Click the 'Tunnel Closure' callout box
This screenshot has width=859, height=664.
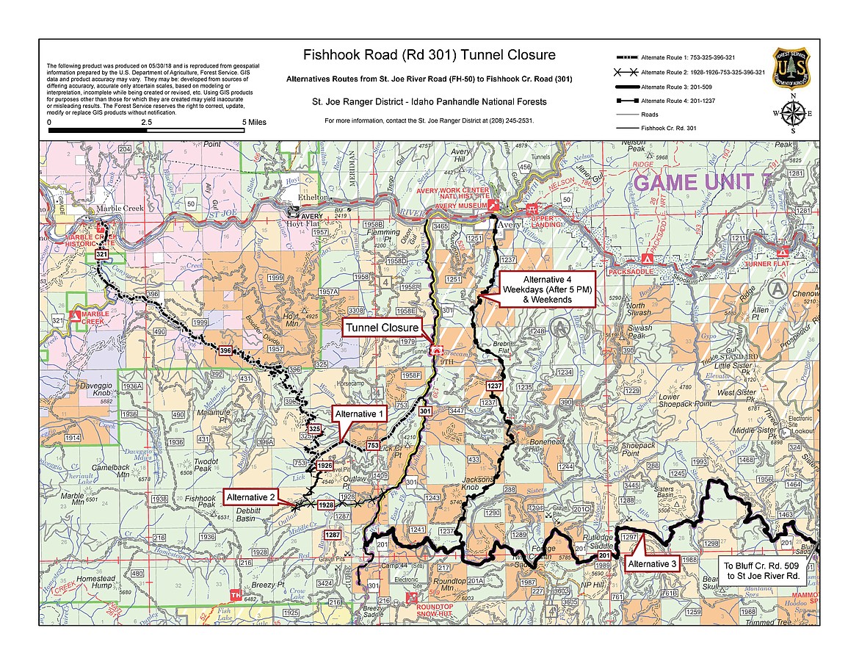[x=382, y=328]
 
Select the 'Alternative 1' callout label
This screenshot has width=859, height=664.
[x=360, y=414]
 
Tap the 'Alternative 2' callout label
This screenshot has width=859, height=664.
[x=251, y=497]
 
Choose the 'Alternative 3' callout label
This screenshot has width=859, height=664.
[x=652, y=563]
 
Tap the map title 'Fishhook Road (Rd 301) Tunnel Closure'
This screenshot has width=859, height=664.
[x=429, y=55]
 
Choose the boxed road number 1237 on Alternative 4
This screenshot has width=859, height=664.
[x=494, y=385]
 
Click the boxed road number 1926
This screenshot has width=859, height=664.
[x=325, y=466]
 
